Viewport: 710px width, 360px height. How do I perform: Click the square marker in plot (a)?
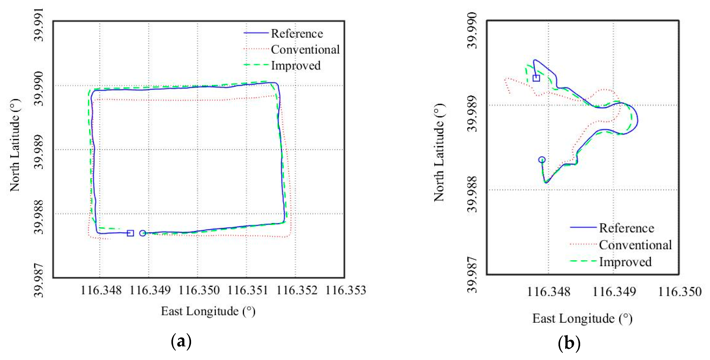coord(130,233)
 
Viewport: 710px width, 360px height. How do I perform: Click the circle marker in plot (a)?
coord(143,233)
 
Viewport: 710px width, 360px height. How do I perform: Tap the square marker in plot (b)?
coord(536,78)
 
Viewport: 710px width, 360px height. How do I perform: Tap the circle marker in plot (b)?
coord(542,160)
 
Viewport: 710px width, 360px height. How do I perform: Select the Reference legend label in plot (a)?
coord(297,34)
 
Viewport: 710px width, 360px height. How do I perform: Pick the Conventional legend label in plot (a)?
coord(305,50)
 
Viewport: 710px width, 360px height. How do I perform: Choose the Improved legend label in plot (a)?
coord(296,66)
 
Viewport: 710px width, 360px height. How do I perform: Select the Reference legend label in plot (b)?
coord(626,228)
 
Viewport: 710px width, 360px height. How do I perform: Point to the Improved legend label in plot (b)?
coord(625,262)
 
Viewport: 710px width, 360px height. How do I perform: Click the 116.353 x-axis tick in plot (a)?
coord(346,290)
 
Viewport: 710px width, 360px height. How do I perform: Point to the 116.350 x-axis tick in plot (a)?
coord(199,290)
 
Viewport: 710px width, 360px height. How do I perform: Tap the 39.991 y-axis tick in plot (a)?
coord(39,25)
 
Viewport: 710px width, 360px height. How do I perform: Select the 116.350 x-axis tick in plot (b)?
coord(680,292)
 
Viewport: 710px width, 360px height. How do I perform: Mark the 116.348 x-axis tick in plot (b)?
coord(548,292)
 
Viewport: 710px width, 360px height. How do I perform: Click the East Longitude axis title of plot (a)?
coord(208,311)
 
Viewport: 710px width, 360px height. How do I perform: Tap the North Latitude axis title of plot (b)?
coord(439,152)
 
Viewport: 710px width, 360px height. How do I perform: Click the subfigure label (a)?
coord(181,342)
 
